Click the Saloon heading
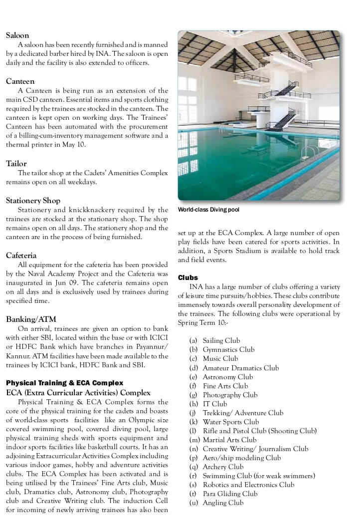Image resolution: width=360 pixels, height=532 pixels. pyautogui.click(x=17, y=35)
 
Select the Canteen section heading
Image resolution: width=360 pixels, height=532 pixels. pyautogui.click(x=20, y=81)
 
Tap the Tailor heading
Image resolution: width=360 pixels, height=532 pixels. pyautogui.click(x=16, y=163)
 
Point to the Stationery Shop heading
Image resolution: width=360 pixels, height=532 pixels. pyautogui.click(x=33, y=200)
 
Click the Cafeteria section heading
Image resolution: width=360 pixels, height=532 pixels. pyautogui.click(x=21, y=255)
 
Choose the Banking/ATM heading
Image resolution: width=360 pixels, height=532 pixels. pyautogui.click(x=31, y=319)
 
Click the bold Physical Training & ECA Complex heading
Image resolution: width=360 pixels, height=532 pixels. pyautogui.click(x=64, y=383)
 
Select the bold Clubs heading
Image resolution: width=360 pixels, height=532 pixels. pyautogui.click(x=188, y=277)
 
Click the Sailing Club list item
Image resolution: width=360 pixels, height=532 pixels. pyautogui.click(x=221, y=341)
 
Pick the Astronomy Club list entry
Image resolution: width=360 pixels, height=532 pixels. pyautogui.click(x=227, y=377)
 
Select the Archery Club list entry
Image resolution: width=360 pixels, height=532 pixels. pyautogui.click(x=223, y=467)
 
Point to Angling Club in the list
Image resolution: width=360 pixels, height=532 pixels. pyautogui.click(x=223, y=503)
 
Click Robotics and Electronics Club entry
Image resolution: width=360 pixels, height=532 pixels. pyautogui.click(x=248, y=485)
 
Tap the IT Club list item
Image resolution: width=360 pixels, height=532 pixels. pyautogui.click(x=214, y=404)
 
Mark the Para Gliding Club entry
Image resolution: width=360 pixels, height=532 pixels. pyautogui.click(x=230, y=494)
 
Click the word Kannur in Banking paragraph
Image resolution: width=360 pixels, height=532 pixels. pyautogui.click(x=17, y=356)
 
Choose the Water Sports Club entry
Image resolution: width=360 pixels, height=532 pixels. pyautogui.click(x=231, y=422)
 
